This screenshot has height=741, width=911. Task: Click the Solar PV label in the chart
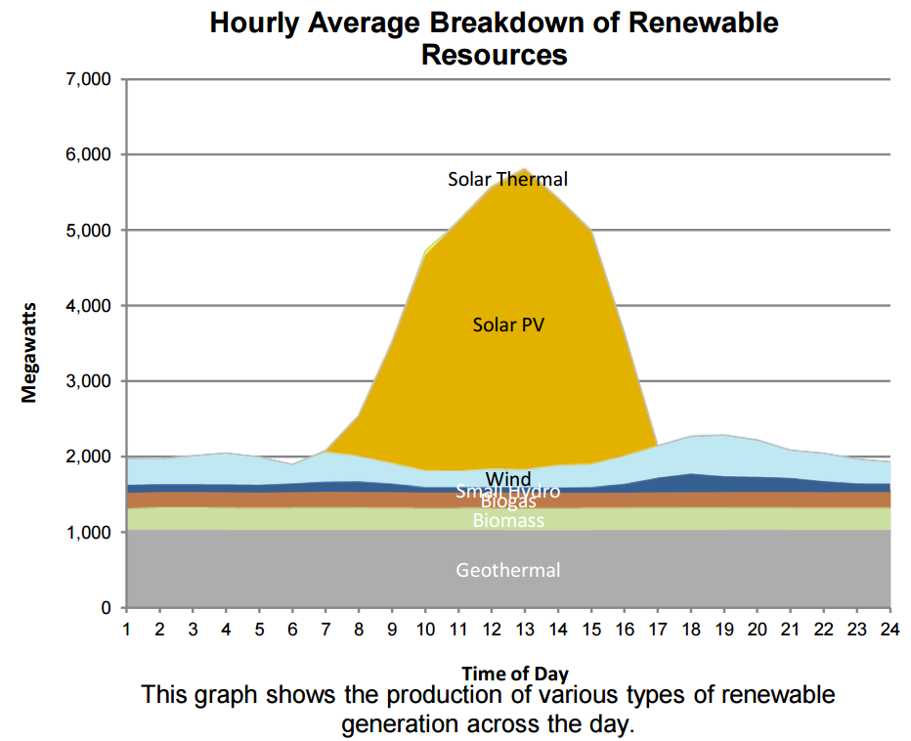click(x=508, y=325)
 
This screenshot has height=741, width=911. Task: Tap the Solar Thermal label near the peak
click(x=507, y=179)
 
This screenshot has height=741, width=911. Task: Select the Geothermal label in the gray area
click(x=508, y=570)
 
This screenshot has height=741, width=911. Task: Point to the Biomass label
click(x=508, y=521)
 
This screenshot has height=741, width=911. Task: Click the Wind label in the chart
click(x=508, y=479)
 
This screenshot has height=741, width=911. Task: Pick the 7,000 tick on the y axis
click(x=88, y=79)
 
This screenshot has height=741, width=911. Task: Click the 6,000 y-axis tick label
click(x=88, y=154)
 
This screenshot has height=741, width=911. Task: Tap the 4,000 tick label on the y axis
click(x=88, y=306)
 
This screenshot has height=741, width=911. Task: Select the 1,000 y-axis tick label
click(x=88, y=533)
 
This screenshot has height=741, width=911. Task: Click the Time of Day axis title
click(x=514, y=673)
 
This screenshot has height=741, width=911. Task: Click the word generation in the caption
click(x=398, y=724)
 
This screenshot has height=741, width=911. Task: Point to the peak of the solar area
click(x=525, y=169)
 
